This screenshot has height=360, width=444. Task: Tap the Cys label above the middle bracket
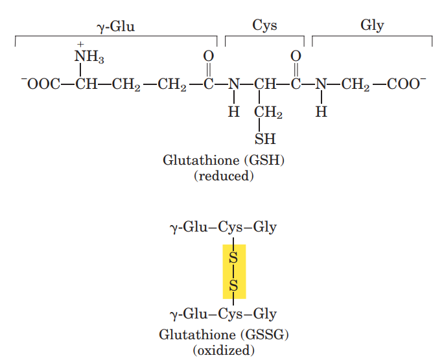(264, 26)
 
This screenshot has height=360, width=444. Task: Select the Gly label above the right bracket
(372, 26)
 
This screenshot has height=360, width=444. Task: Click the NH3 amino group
(89, 57)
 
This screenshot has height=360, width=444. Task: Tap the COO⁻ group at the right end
(407, 84)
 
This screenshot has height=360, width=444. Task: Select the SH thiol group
(265, 139)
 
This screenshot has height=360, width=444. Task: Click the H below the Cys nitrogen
(234, 112)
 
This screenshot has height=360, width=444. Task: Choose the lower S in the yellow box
(234, 285)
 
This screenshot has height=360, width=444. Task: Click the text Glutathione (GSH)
(224, 160)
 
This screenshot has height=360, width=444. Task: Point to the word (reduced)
(224, 176)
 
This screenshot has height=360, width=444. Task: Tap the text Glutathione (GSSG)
(224, 335)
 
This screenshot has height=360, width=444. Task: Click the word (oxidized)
(224, 351)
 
